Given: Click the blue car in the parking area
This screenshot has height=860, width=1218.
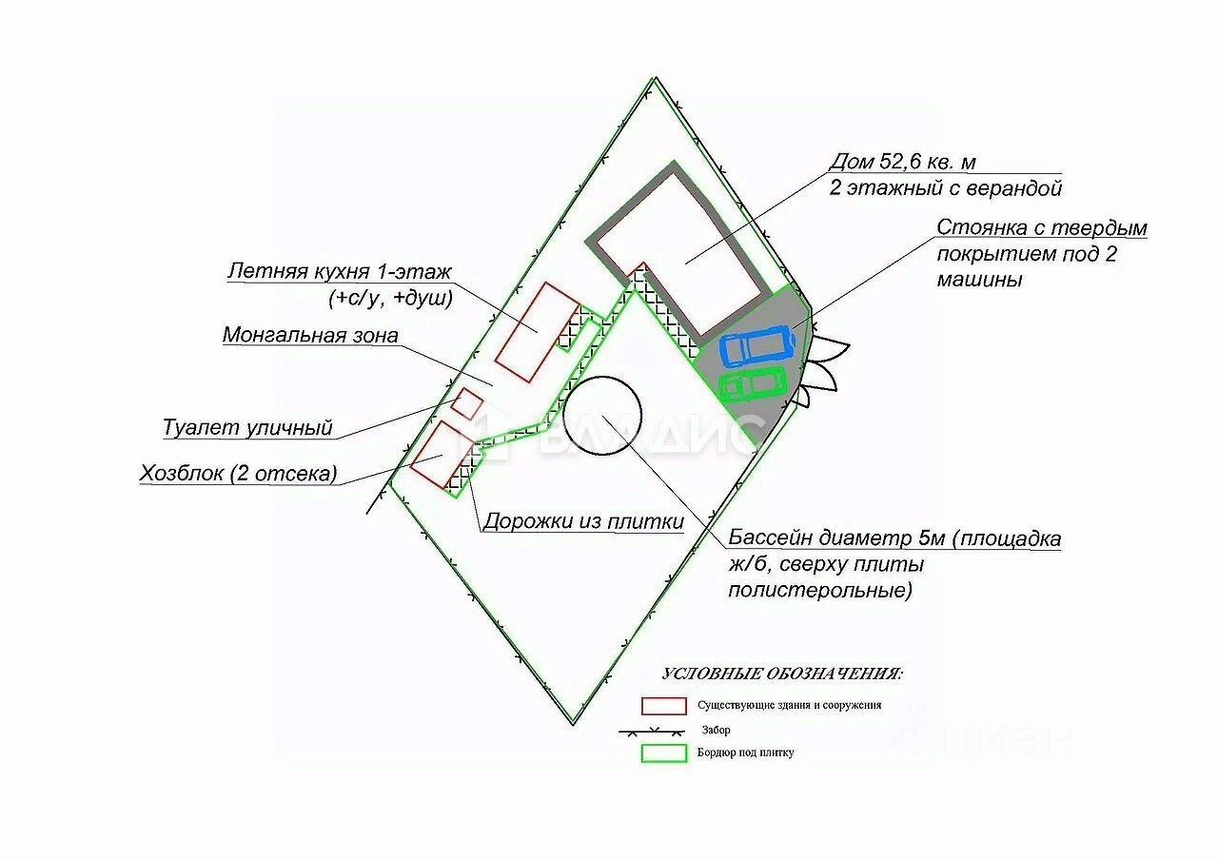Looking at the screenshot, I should pos(756,347).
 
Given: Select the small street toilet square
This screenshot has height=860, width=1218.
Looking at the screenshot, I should pos(466,402).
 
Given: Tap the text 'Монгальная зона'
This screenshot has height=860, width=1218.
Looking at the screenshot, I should pos(310,335).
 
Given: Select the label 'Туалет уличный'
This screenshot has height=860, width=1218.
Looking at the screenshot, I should pos(247,427).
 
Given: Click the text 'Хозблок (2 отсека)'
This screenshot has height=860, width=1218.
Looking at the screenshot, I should pos(238,473).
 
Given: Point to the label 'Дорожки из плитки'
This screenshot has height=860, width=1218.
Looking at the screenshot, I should pos(583,521).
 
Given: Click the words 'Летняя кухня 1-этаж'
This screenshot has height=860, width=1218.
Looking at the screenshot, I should pos(340,271).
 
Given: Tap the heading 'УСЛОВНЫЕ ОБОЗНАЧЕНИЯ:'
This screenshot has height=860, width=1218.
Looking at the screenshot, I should pos(782,674).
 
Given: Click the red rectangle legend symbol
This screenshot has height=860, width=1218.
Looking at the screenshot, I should pos(663,706).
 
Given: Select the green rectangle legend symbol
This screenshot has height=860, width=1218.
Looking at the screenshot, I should pos(663,752).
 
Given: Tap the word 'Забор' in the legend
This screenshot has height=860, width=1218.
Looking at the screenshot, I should pos(717,731).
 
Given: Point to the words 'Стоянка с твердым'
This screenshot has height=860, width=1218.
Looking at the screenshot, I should pos(1042,228).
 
